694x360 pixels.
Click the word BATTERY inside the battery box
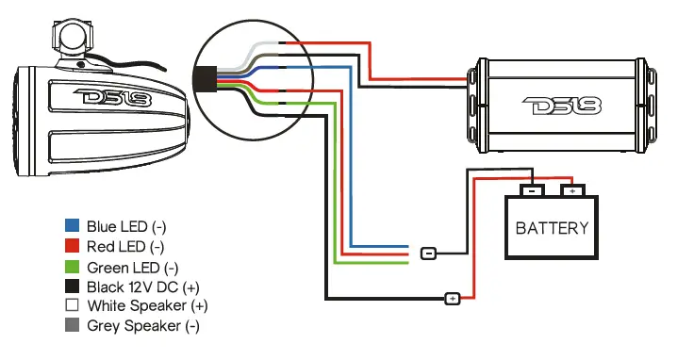point(553,227)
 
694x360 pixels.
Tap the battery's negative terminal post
point(532,189)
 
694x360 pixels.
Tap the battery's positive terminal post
point(572,189)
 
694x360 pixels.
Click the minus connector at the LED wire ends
point(427,253)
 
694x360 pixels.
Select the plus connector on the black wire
point(452,299)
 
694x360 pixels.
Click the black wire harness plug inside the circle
point(204,78)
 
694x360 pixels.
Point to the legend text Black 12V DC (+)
point(142,286)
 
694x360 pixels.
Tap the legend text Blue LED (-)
point(126,226)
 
